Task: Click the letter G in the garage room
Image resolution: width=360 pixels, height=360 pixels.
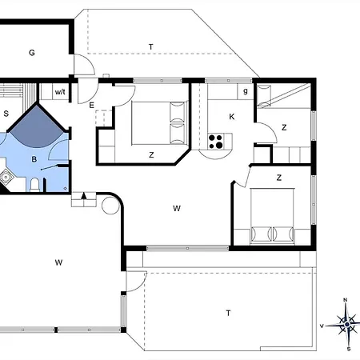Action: point(32,54)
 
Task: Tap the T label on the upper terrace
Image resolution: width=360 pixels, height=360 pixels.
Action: point(150,47)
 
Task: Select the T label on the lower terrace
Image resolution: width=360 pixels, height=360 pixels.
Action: point(228,313)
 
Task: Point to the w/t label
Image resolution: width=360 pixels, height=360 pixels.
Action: point(60,92)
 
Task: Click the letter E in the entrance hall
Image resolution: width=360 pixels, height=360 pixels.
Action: point(92,105)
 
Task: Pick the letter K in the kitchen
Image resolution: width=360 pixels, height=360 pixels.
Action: point(232,117)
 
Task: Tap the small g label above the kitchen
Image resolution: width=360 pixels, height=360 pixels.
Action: point(245,91)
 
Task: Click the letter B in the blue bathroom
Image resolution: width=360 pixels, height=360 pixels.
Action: point(34,160)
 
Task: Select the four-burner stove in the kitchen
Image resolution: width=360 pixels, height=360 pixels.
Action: point(216,142)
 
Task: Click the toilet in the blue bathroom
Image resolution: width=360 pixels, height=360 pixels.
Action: point(35,186)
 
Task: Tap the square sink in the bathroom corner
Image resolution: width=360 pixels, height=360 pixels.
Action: point(6,178)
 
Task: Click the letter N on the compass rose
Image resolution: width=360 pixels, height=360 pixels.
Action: point(345,301)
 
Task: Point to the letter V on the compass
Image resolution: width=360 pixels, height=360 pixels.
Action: point(322,326)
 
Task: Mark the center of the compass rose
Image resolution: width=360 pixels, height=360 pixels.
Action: point(347,325)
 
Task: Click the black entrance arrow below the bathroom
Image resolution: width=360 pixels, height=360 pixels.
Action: point(84,194)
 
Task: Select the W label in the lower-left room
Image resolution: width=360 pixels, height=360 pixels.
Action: point(58,262)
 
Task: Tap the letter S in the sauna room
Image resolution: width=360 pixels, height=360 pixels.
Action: point(6,113)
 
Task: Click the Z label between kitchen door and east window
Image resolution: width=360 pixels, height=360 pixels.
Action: point(284,127)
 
